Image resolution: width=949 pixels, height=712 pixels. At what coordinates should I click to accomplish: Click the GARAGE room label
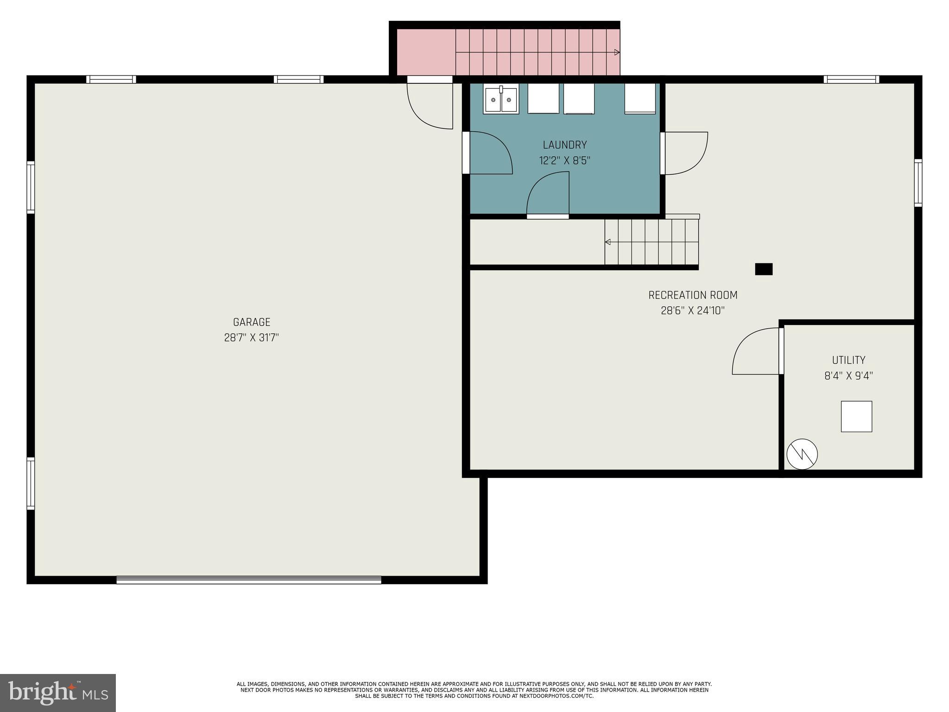(x=251, y=322)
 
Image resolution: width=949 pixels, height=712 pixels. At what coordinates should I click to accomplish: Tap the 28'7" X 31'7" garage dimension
(x=251, y=337)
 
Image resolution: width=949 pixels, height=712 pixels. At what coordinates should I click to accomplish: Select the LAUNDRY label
(x=564, y=145)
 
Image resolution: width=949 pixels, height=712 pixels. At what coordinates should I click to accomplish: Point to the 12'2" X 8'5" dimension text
(x=564, y=161)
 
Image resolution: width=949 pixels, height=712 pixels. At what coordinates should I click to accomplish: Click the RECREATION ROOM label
(x=692, y=295)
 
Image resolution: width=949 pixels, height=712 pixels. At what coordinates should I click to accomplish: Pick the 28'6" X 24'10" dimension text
(x=692, y=311)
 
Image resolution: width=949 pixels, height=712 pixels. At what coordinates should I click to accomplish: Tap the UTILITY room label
(x=848, y=360)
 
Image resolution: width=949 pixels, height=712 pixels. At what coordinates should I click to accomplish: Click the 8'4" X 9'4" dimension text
(x=848, y=376)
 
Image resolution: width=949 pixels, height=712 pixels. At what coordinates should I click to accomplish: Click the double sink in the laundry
(x=500, y=99)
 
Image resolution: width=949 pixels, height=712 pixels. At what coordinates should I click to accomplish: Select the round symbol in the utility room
(x=802, y=454)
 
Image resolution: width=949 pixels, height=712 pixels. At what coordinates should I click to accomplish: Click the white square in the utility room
(x=856, y=416)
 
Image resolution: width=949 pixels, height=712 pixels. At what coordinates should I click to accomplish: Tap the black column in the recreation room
(x=763, y=269)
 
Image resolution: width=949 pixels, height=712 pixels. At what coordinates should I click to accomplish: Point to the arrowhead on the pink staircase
(x=617, y=52)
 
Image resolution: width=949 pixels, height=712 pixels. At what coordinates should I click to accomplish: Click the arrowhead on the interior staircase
(x=607, y=242)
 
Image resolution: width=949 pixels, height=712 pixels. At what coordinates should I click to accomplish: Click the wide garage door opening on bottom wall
(x=248, y=579)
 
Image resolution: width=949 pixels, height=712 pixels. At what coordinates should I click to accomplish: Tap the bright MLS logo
(x=57, y=693)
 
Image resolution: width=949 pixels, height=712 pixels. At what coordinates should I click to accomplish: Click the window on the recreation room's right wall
(x=917, y=183)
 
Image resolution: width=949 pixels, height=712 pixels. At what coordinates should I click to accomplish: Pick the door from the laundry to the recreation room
(x=684, y=153)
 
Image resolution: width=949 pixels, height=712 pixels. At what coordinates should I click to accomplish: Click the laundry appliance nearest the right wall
(x=639, y=98)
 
